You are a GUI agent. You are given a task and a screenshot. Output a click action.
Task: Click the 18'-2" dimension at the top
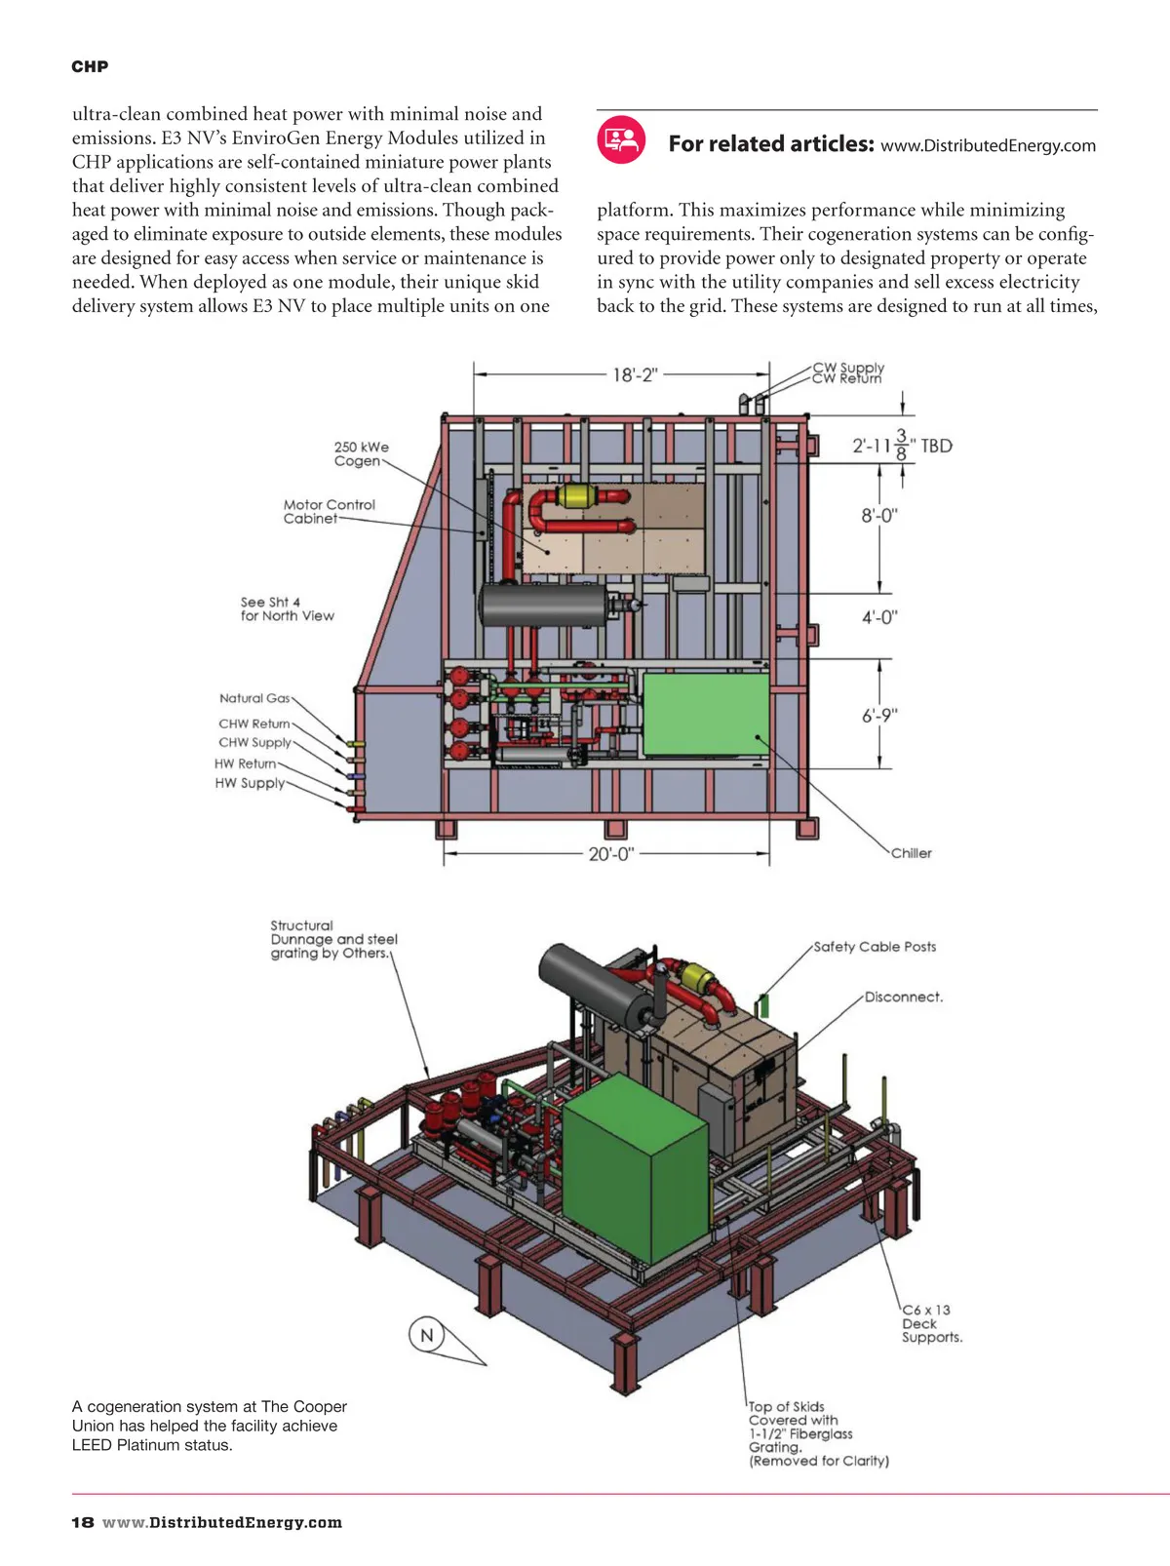coord(635,374)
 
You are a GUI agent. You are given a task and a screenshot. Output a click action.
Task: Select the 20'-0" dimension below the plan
coord(610,854)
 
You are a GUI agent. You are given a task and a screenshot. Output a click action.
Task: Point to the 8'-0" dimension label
coord(878,515)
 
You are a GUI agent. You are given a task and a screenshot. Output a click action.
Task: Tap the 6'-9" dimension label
coord(878,716)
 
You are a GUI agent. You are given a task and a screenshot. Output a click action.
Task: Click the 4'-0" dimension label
coord(878,617)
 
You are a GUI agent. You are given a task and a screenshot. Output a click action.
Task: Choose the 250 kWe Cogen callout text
coord(361,454)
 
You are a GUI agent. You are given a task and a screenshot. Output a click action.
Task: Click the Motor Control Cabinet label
coord(329,512)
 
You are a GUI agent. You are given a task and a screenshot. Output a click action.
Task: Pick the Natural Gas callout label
coord(254,698)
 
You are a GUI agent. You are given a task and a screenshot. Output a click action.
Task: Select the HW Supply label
coord(250,783)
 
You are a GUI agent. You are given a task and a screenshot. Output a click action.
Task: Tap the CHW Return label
coord(253,724)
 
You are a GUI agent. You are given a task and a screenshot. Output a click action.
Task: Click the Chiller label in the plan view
coord(911,853)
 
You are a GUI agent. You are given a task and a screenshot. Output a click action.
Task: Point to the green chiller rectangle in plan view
coord(706,715)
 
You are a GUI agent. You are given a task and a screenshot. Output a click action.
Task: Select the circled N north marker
coord(426,1335)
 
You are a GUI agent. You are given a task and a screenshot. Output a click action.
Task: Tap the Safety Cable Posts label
coord(875,947)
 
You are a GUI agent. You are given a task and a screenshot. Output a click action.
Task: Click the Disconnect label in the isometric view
coord(903,998)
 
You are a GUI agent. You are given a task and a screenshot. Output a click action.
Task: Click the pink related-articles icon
coord(621,139)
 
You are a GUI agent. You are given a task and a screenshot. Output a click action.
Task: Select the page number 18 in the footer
coord(83,1523)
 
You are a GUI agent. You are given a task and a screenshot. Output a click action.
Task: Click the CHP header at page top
coord(90,66)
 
